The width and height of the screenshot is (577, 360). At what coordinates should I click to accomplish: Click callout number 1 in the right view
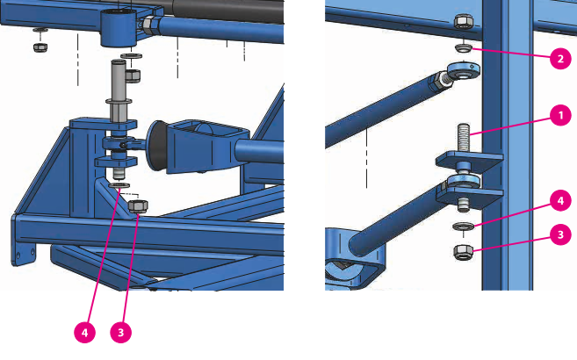click(560, 116)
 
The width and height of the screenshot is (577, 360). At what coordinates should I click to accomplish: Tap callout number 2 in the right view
click(560, 59)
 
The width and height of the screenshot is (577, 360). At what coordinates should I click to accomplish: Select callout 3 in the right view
click(560, 234)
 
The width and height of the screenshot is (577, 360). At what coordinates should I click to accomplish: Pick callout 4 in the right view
click(560, 201)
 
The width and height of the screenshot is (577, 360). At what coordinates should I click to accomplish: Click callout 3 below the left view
click(120, 333)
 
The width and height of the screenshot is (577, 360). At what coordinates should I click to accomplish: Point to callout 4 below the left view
click(84, 333)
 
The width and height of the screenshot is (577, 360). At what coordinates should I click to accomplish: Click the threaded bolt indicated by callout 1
click(464, 137)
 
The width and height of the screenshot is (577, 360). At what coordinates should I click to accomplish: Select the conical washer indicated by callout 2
click(464, 47)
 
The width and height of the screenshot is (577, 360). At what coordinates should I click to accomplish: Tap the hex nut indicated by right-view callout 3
click(463, 252)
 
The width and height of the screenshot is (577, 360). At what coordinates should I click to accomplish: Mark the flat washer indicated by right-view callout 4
click(464, 227)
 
